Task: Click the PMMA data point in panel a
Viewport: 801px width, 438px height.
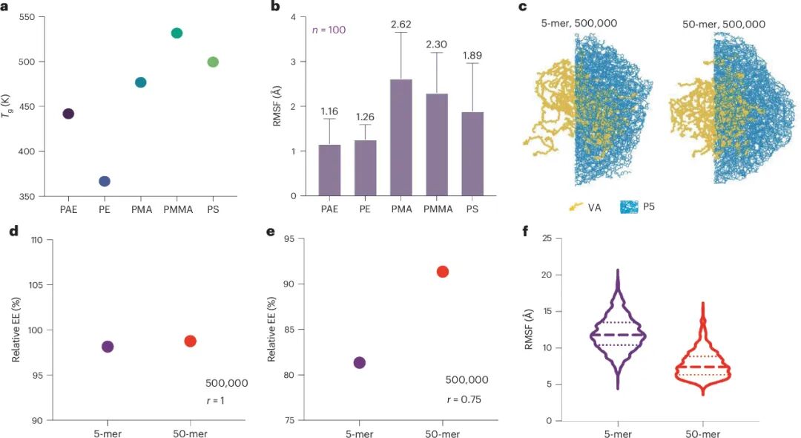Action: tap(177, 33)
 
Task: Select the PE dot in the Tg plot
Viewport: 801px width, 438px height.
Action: tap(105, 181)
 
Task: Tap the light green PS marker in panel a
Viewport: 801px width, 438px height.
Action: tap(213, 62)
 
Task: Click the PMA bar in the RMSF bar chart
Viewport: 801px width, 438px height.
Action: tap(400, 137)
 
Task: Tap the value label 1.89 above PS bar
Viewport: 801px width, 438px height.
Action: tap(472, 56)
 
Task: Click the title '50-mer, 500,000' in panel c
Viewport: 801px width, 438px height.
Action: tap(723, 24)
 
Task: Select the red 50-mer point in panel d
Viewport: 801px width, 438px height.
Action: tap(190, 341)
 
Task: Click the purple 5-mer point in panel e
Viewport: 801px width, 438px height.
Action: tap(360, 362)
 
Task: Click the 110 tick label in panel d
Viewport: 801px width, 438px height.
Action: tap(36, 240)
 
